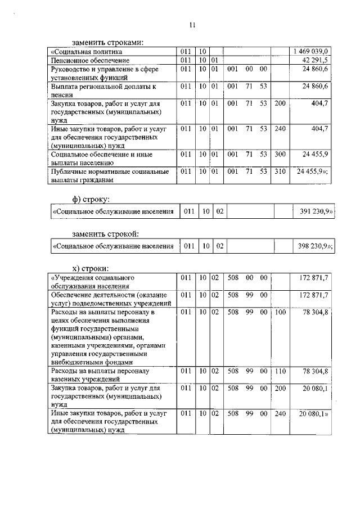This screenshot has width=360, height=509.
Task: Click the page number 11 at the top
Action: click(192, 25)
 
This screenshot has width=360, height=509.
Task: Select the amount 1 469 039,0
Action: click(313, 52)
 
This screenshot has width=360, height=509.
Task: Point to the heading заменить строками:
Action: click(107, 42)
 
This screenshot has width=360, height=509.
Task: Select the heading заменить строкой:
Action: click(105, 233)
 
